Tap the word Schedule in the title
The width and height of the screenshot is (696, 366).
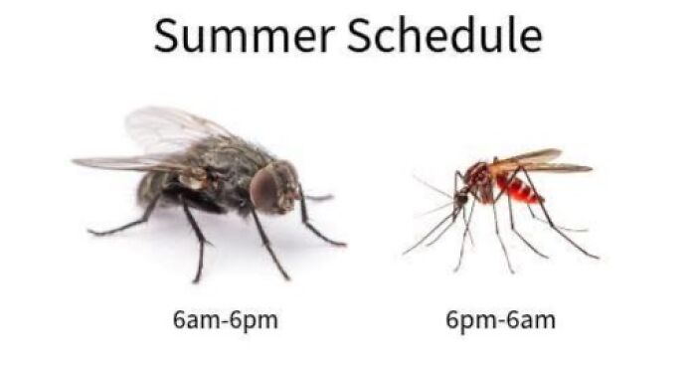(444, 36)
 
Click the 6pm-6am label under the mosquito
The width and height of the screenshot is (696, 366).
(500, 320)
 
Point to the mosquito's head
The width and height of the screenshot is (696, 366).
(460, 199)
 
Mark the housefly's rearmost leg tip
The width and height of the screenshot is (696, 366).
(90, 233)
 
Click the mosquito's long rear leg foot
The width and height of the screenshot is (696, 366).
(596, 257)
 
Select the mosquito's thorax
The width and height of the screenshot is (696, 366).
(480, 180)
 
